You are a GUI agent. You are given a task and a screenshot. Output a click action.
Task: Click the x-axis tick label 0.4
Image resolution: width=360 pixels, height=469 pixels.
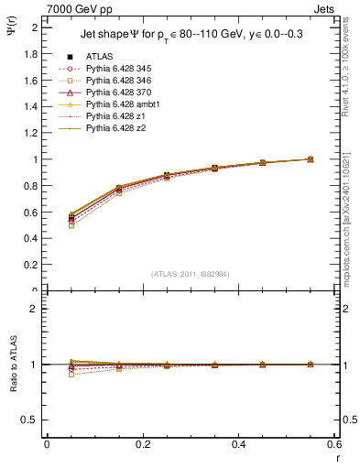pos(238,444)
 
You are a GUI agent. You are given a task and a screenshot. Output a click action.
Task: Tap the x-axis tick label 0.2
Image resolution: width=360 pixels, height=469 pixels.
pos(142,444)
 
